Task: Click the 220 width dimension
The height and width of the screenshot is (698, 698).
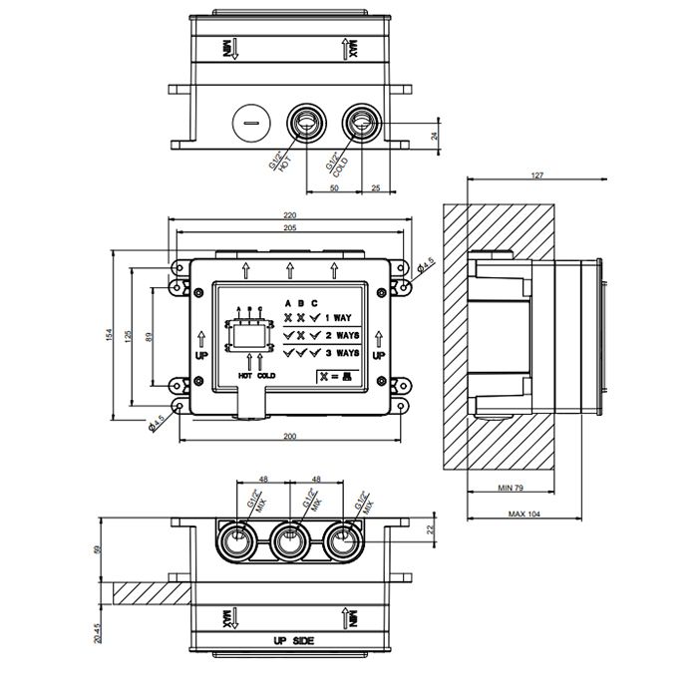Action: click(290, 214)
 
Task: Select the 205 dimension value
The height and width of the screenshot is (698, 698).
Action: click(290, 227)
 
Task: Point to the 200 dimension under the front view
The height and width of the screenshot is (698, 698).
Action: click(290, 437)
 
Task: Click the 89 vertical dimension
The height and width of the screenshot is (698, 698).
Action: click(149, 336)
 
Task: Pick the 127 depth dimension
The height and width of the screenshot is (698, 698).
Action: click(537, 176)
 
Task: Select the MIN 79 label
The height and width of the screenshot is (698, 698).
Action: click(512, 489)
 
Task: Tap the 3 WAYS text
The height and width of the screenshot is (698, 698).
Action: click(342, 352)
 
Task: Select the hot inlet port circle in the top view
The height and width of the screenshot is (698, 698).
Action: click(306, 124)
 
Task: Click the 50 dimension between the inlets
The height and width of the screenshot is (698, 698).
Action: click(333, 186)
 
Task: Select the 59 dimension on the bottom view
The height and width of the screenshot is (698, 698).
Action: click(98, 547)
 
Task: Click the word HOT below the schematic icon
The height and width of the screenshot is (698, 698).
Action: click(245, 376)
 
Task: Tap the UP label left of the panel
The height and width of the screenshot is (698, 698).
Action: click(200, 355)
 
